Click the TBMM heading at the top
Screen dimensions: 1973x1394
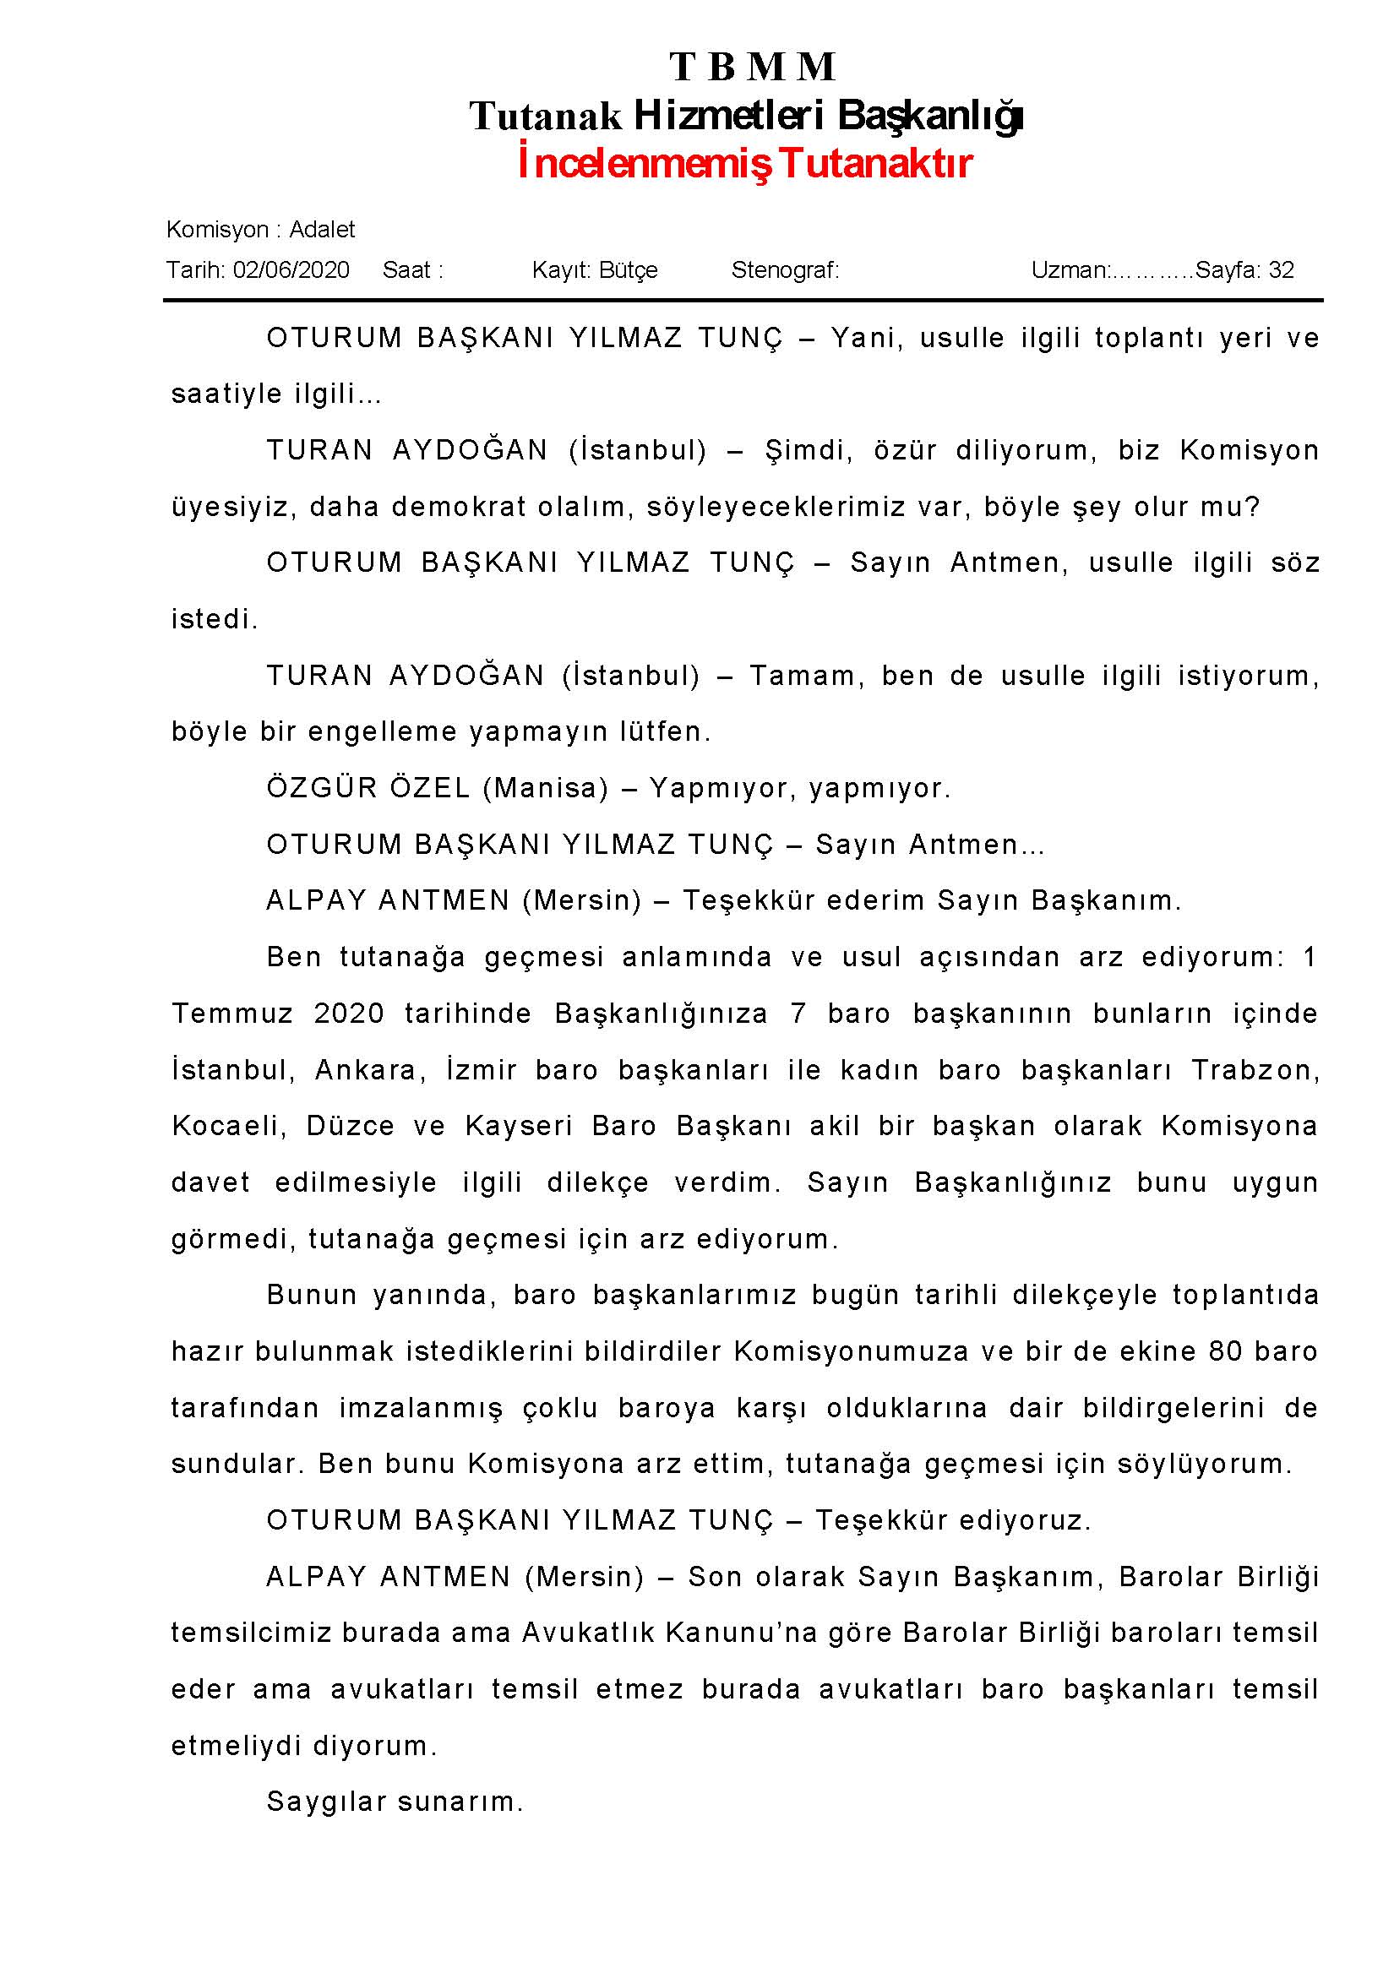tap(752, 67)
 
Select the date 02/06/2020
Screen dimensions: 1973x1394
tap(291, 269)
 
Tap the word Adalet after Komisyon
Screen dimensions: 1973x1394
tap(321, 230)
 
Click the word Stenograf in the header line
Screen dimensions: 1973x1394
tap(784, 269)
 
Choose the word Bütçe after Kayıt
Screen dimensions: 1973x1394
tap(629, 269)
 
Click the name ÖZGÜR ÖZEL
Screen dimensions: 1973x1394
tap(368, 788)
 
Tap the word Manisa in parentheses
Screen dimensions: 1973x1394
tap(545, 788)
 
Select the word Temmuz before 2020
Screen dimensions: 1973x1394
tap(232, 1014)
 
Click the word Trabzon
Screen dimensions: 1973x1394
tap(1254, 1070)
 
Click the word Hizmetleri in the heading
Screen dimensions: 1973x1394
tap(728, 115)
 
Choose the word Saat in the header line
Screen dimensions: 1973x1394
tap(406, 269)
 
